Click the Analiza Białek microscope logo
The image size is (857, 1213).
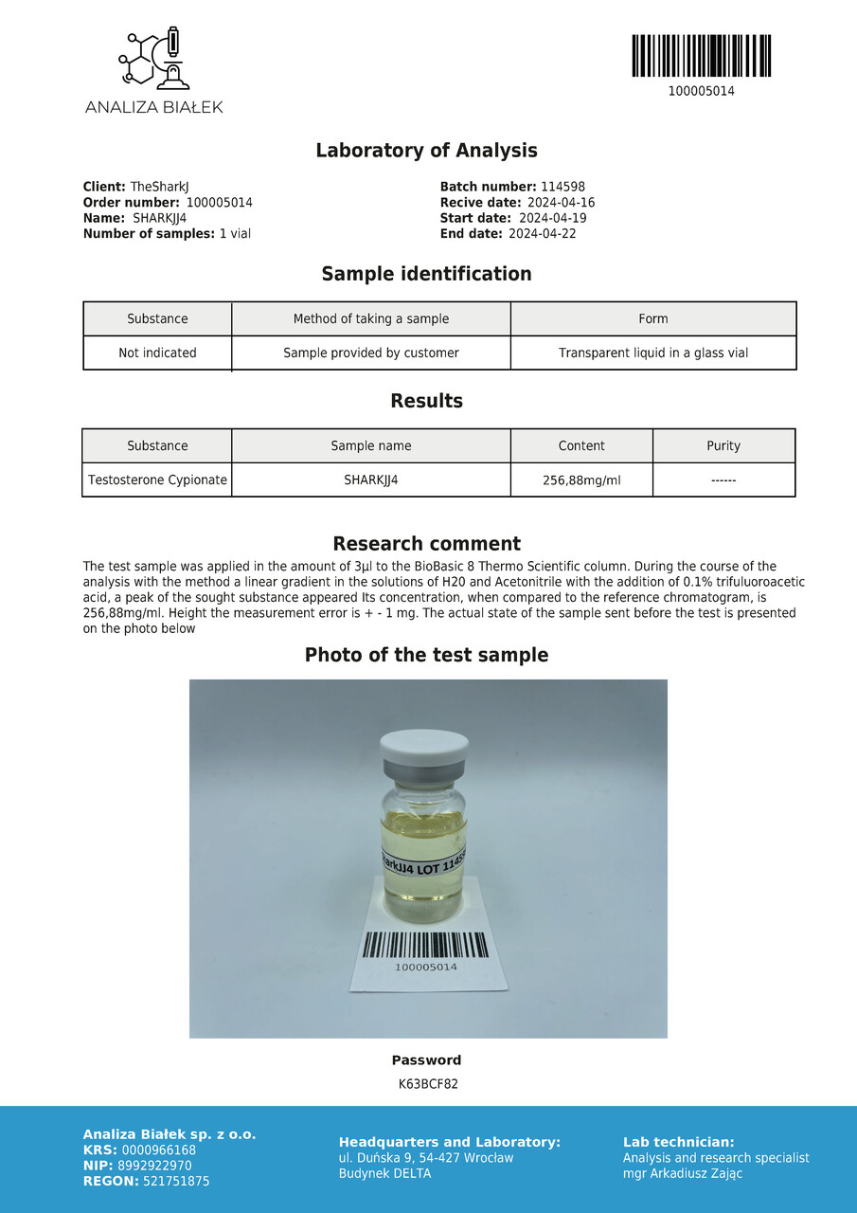(x=153, y=60)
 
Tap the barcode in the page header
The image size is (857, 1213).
(x=701, y=56)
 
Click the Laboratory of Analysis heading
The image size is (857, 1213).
(x=426, y=151)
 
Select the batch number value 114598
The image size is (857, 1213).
(x=562, y=188)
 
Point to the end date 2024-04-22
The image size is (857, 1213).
(x=542, y=233)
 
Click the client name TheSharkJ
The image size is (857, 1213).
(x=159, y=188)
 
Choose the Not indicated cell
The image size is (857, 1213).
(x=157, y=353)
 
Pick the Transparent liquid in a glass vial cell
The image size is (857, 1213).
(x=652, y=353)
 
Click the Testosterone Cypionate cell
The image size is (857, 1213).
(x=157, y=480)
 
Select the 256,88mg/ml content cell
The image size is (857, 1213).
(x=581, y=480)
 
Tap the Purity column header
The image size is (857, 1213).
(x=723, y=445)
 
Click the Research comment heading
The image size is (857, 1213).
(x=426, y=544)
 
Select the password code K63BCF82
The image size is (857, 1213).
(x=428, y=1084)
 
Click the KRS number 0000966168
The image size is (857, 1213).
(x=159, y=1150)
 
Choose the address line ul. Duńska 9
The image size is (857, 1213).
(x=426, y=1158)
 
